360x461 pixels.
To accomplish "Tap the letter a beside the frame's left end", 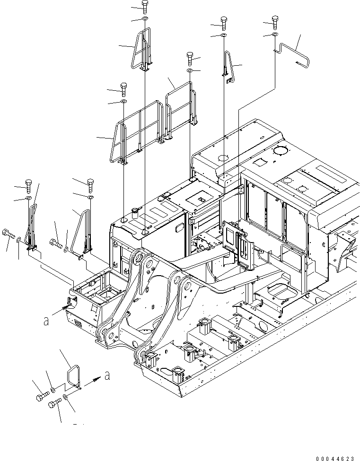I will click(46, 321).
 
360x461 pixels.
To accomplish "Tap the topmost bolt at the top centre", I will click(144, 6).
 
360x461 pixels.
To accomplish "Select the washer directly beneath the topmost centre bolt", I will click(144, 19).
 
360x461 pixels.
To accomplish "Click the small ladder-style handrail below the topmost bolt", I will click(143, 50).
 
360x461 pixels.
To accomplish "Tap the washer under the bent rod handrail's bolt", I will click(275, 35).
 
